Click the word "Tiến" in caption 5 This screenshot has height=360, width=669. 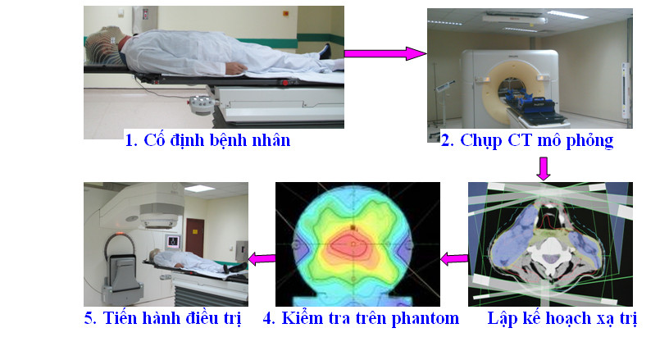pos(120,318)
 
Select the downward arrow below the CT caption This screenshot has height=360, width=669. pos(543,168)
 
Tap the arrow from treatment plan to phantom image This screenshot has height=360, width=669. pos(454,258)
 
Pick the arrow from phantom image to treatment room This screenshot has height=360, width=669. pos(262,258)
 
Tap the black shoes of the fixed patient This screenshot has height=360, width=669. pos(325,51)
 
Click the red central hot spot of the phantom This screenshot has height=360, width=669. pos(353,245)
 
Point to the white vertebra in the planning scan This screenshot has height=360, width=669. pos(550,251)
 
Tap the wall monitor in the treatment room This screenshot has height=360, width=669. pos(173,241)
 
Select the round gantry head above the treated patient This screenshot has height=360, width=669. pos(159,216)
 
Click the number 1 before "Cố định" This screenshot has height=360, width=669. pos(129,141)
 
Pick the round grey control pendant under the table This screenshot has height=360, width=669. pos(201,104)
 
